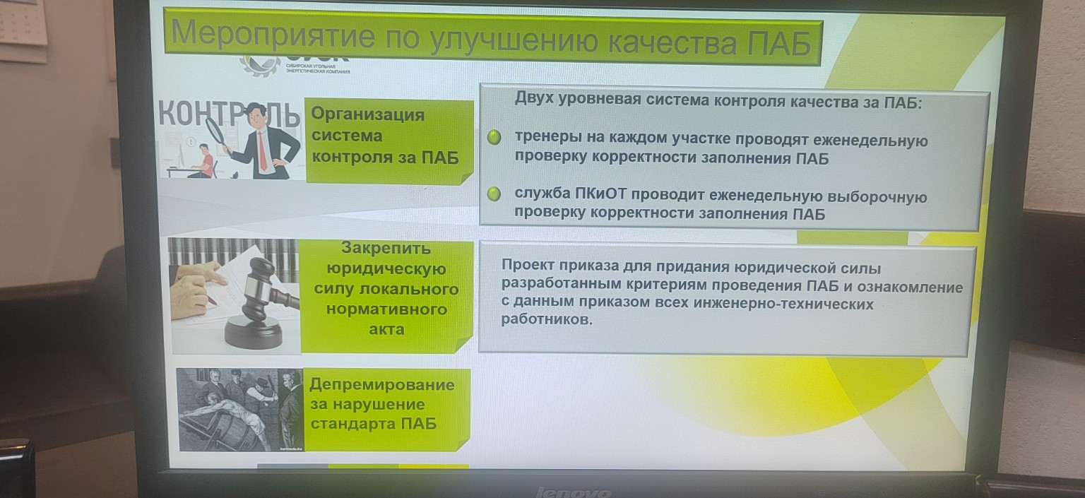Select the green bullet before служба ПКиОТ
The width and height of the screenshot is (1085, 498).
tap(495, 194)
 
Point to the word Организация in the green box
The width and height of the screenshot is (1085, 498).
tap(367, 114)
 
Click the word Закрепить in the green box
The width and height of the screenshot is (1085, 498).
tap(386, 249)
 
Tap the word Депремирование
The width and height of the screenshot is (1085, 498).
tap(381, 385)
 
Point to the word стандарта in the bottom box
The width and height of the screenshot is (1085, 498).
tap(353, 424)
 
